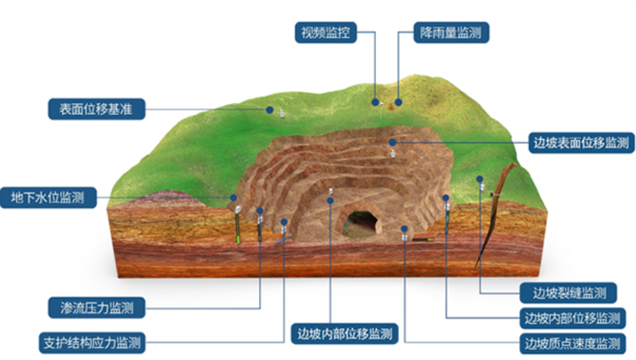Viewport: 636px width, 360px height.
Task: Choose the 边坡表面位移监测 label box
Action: pos(580,142)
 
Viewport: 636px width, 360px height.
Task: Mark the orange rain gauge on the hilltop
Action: pos(398,103)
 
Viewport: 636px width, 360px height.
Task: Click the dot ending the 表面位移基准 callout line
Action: pos(270,109)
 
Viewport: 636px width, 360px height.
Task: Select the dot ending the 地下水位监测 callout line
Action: pos(233,197)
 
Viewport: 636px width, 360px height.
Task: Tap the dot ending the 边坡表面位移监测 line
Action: pos(392,142)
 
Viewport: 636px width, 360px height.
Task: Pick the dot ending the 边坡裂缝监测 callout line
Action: pos(480,179)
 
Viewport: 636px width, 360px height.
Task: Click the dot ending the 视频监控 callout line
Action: pos(375,103)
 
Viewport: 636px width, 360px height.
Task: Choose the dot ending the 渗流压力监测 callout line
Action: pos(259,212)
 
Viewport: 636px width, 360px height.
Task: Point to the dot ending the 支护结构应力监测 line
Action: pos(285,222)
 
